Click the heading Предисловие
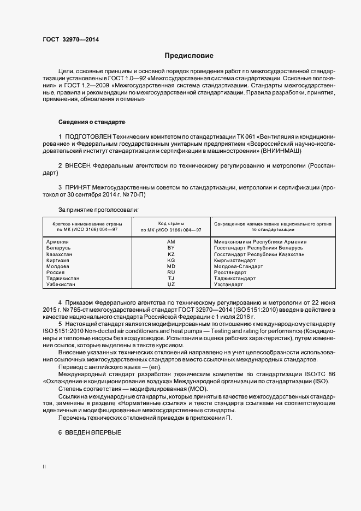(189, 56)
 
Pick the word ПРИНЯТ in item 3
(78, 187)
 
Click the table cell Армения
(57, 241)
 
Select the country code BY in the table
(171, 248)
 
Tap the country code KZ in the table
(171, 254)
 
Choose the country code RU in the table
(171, 272)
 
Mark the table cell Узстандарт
(227, 284)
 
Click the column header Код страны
(171, 224)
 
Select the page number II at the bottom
(44, 467)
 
